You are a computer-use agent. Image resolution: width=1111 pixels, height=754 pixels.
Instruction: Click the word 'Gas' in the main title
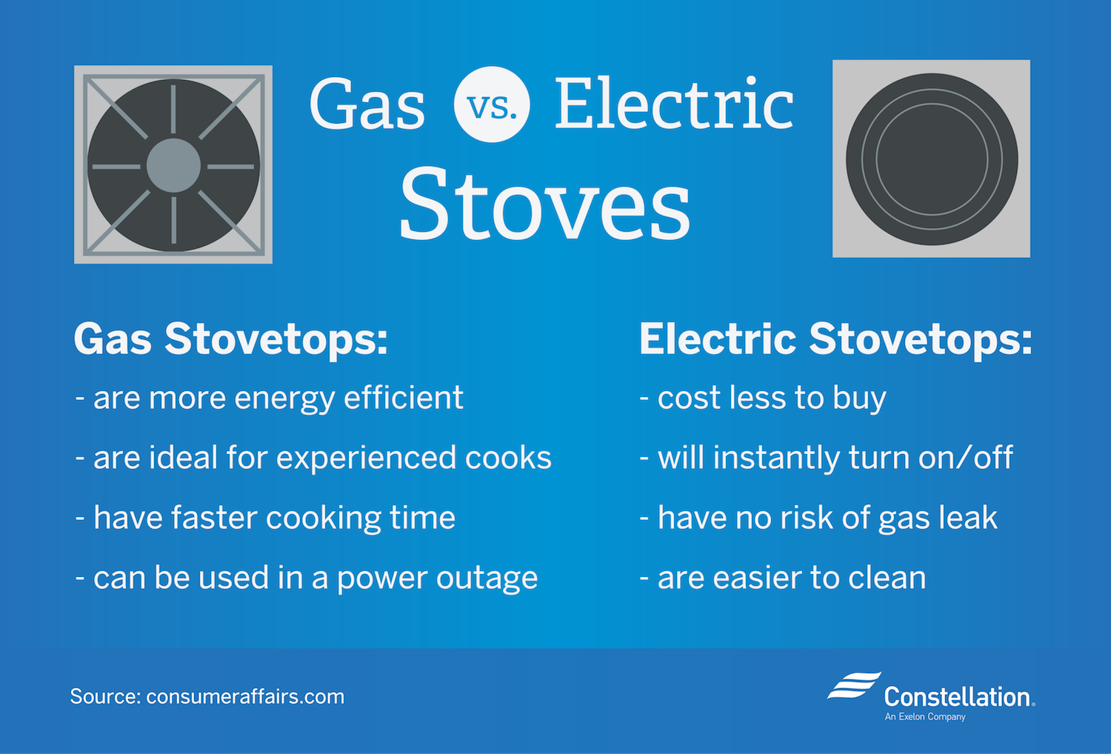[367, 106]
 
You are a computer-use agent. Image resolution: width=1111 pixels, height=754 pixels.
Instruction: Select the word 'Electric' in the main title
[674, 104]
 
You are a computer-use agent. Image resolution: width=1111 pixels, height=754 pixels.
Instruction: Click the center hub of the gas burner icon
[173, 165]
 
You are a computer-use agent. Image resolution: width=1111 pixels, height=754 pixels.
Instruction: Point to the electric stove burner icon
[931, 159]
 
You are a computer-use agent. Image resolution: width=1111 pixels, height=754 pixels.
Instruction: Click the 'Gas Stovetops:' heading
[230, 339]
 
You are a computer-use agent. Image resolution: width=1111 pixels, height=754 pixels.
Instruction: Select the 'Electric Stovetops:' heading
[835, 339]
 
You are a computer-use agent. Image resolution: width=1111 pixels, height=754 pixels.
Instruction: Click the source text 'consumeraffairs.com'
[245, 697]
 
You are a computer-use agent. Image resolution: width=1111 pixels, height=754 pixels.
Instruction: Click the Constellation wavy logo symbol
[854, 687]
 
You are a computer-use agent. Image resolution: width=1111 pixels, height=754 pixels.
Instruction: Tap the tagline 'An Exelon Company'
[924, 717]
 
